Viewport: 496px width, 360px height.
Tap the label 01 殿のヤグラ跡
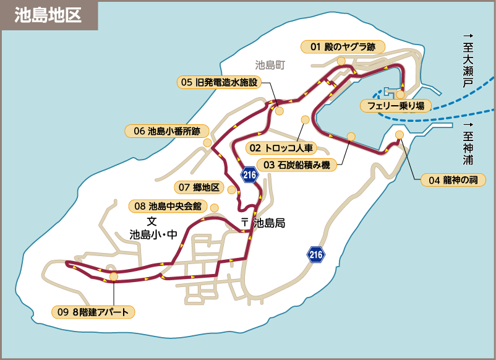click(343, 46)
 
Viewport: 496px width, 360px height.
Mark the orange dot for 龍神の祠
click(399, 134)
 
